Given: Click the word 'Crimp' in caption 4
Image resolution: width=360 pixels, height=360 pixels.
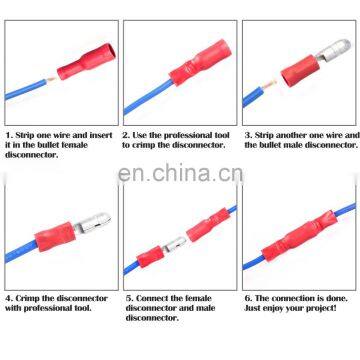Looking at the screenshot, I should point(29,297).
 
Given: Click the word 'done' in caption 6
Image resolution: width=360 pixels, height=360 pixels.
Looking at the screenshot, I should point(332,297).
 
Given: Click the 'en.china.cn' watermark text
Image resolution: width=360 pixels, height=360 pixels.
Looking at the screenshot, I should point(180,176).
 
